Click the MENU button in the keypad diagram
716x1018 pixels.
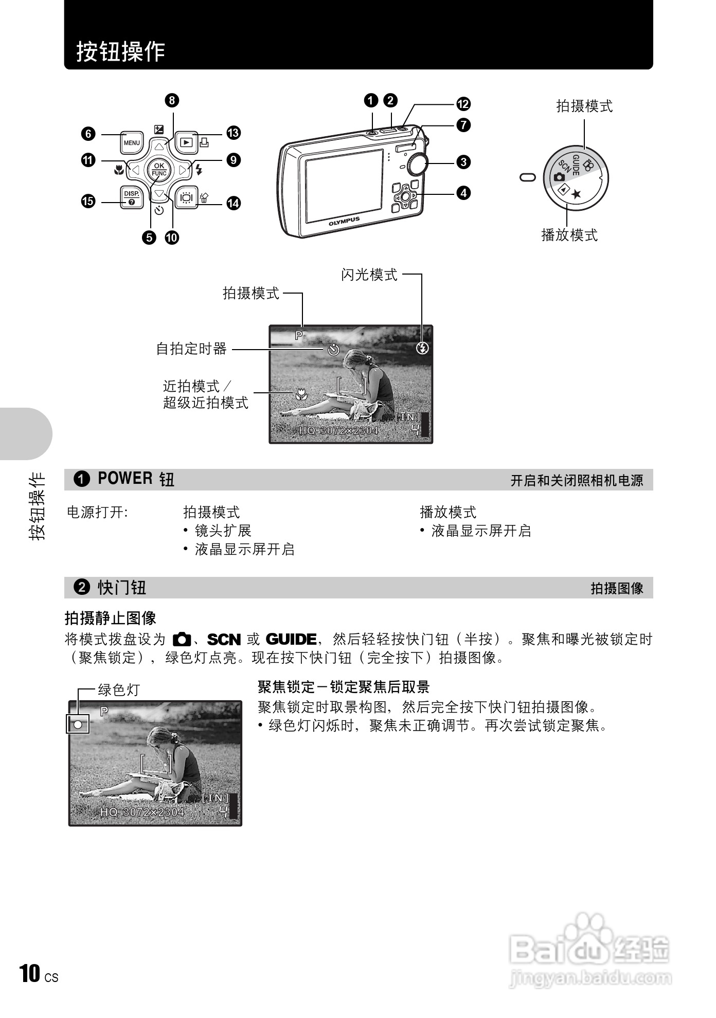(x=132, y=142)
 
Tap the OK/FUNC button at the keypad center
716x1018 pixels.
(x=159, y=169)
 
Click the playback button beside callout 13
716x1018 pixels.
(x=187, y=142)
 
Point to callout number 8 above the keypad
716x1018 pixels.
(x=172, y=100)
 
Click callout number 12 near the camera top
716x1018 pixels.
(x=463, y=104)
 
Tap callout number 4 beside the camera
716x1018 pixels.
(x=463, y=193)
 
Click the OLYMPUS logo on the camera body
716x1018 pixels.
(x=344, y=221)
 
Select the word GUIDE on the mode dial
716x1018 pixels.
(x=576, y=165)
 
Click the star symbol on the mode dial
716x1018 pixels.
(x=577, y=194)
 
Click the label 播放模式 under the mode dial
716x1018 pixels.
(x=569, y=235)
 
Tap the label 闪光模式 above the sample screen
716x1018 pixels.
(x=369, y=275)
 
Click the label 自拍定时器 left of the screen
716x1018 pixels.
(x=191, y=349)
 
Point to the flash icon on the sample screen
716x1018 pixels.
(x=422, y=348)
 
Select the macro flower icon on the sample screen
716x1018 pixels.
(x=301, y=394)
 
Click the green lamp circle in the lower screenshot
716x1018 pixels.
(x=78, y=725)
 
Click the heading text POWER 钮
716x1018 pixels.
(x=136, y=479)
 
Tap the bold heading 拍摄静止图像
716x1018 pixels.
(x=111, y=618)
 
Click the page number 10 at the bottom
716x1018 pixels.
(x=30, y=973)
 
